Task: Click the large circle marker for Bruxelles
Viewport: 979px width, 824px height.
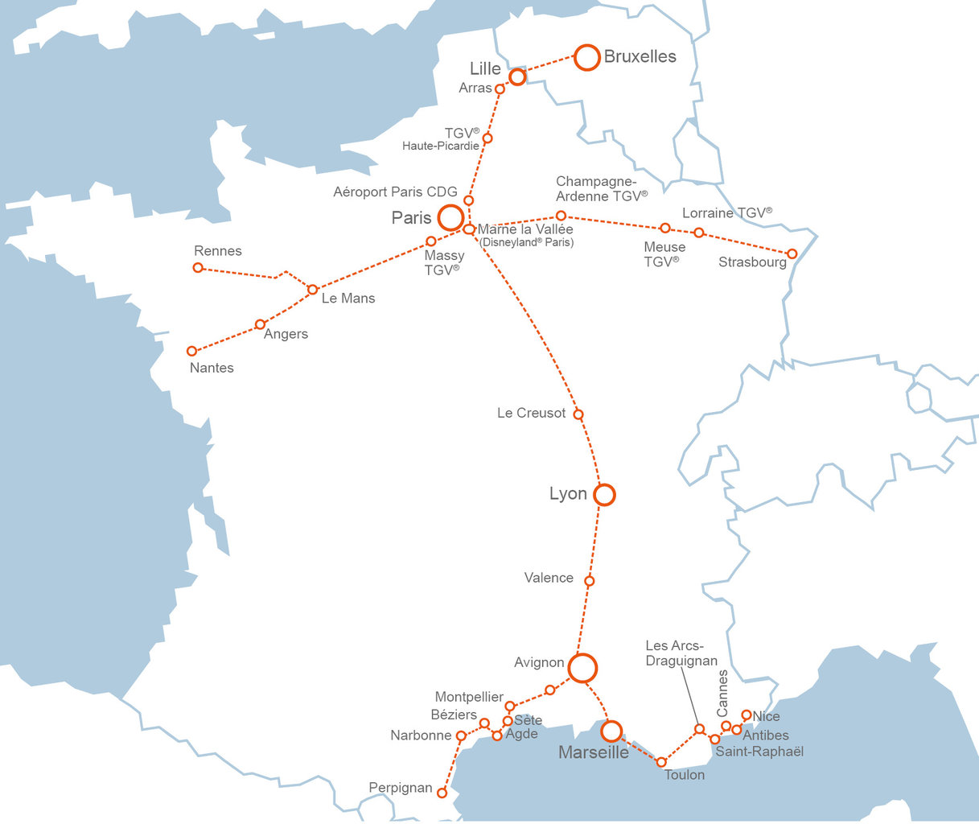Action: coord(587,58)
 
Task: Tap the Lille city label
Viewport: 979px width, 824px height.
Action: coord(485,69)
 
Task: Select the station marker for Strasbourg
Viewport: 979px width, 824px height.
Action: coord(792,253)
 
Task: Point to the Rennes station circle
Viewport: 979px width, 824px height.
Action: coord(198,267)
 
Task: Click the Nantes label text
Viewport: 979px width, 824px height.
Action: coord(212,368)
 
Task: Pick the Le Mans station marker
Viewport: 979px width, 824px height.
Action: coord(313,289)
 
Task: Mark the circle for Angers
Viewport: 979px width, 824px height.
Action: coord(260,324)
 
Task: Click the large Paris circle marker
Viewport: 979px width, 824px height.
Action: coord(450,217)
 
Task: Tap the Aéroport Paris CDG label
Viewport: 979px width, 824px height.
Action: coord(395,192)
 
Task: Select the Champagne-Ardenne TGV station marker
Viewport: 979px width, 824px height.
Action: coord(561,216)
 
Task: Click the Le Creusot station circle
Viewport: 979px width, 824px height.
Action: coord(578,414)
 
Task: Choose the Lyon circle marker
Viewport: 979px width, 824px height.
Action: coord(604,494)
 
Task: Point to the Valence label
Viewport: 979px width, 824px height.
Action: coord(549,578)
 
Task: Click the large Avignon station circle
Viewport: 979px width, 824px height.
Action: coord(582,668)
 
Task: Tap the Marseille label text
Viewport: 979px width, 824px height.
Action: coord(594,752)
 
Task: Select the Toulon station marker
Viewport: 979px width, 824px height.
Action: coord(661,762)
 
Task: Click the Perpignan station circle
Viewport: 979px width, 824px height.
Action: coord(442,793)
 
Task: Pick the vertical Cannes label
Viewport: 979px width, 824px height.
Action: coord(722,693)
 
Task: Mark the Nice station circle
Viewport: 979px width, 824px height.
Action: coord(747,715)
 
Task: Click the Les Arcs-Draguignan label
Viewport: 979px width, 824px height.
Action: coord(681,653)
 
